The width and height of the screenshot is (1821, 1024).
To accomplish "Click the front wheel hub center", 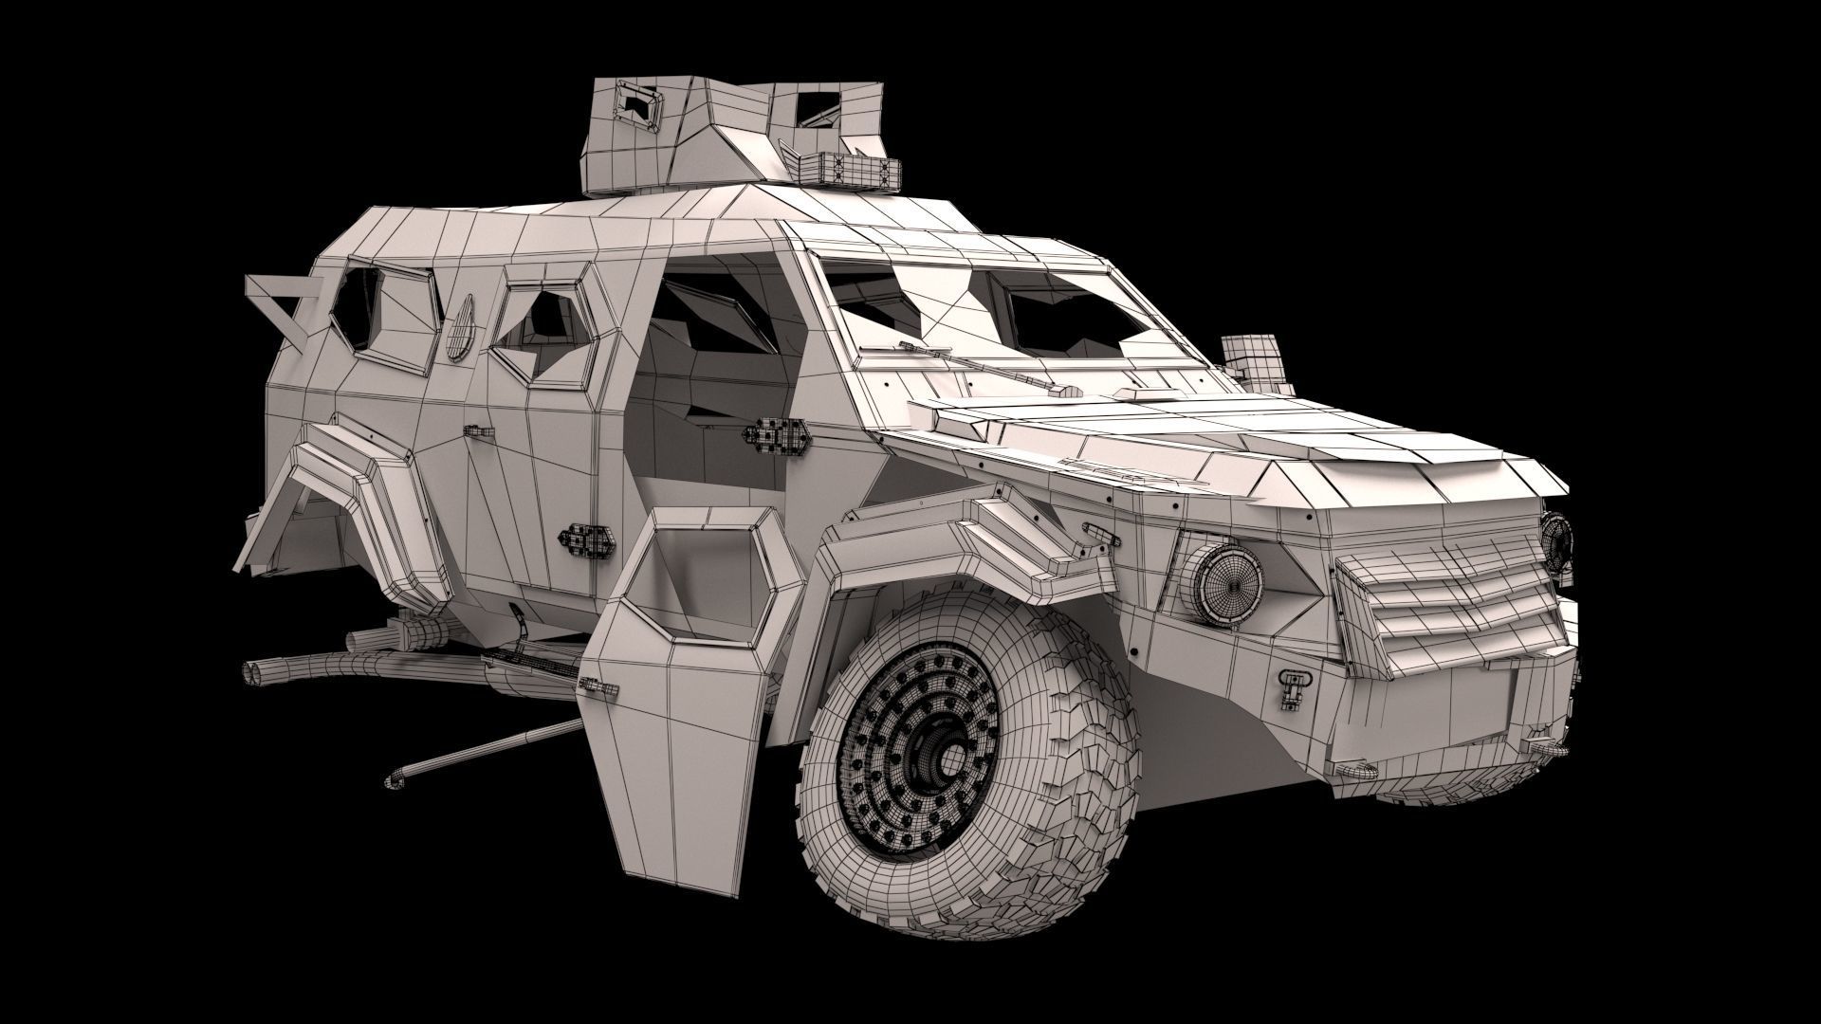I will click(943, 755).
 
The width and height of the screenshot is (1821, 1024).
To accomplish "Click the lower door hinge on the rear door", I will click(587, 538).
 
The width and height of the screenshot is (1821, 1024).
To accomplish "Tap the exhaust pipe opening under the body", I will click(255, 672).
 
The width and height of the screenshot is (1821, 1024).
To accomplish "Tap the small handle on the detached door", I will click(592, 685).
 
